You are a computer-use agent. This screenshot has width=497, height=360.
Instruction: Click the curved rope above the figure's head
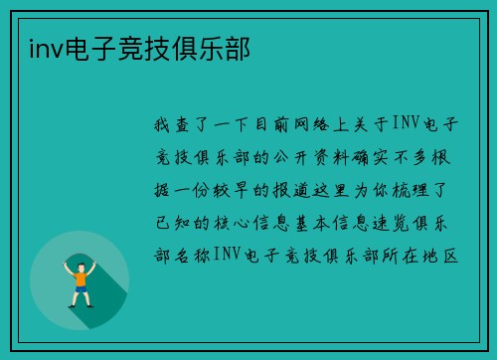(x=80, y=255)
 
